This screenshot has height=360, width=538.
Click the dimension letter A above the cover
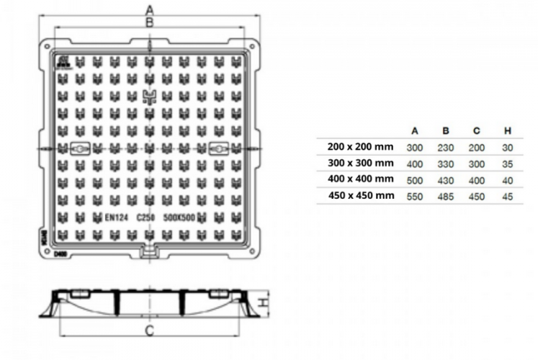pos(150,9)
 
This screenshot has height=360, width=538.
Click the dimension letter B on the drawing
pos(150,23)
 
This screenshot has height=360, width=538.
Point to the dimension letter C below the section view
pos(150,330)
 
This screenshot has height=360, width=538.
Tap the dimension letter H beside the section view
pos(266,303)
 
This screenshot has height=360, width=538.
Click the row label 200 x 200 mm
pos(359,146)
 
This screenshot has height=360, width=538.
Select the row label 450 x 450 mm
pos(359,195)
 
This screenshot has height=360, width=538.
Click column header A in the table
pos(415,130)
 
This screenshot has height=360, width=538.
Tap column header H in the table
pos(508,130)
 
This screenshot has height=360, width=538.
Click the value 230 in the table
pos(446,147)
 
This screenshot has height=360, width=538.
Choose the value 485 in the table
pos(446,196)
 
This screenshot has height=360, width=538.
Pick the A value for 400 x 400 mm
pos(415,179)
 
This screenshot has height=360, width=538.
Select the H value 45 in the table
pos(508,196)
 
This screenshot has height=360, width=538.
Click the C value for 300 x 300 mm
pos(477,163)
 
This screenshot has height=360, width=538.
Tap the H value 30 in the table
pos(508,147)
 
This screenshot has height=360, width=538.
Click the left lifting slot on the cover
pos(79,150)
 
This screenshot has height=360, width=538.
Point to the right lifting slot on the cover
pos(219,150)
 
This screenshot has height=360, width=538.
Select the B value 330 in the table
pos(446,163)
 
